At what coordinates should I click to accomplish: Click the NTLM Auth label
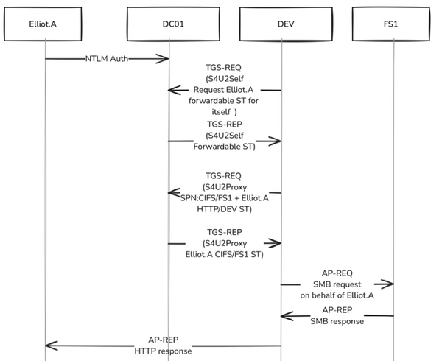coord(108,58)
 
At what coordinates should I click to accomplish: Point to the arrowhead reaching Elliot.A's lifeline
coord(49,345)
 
